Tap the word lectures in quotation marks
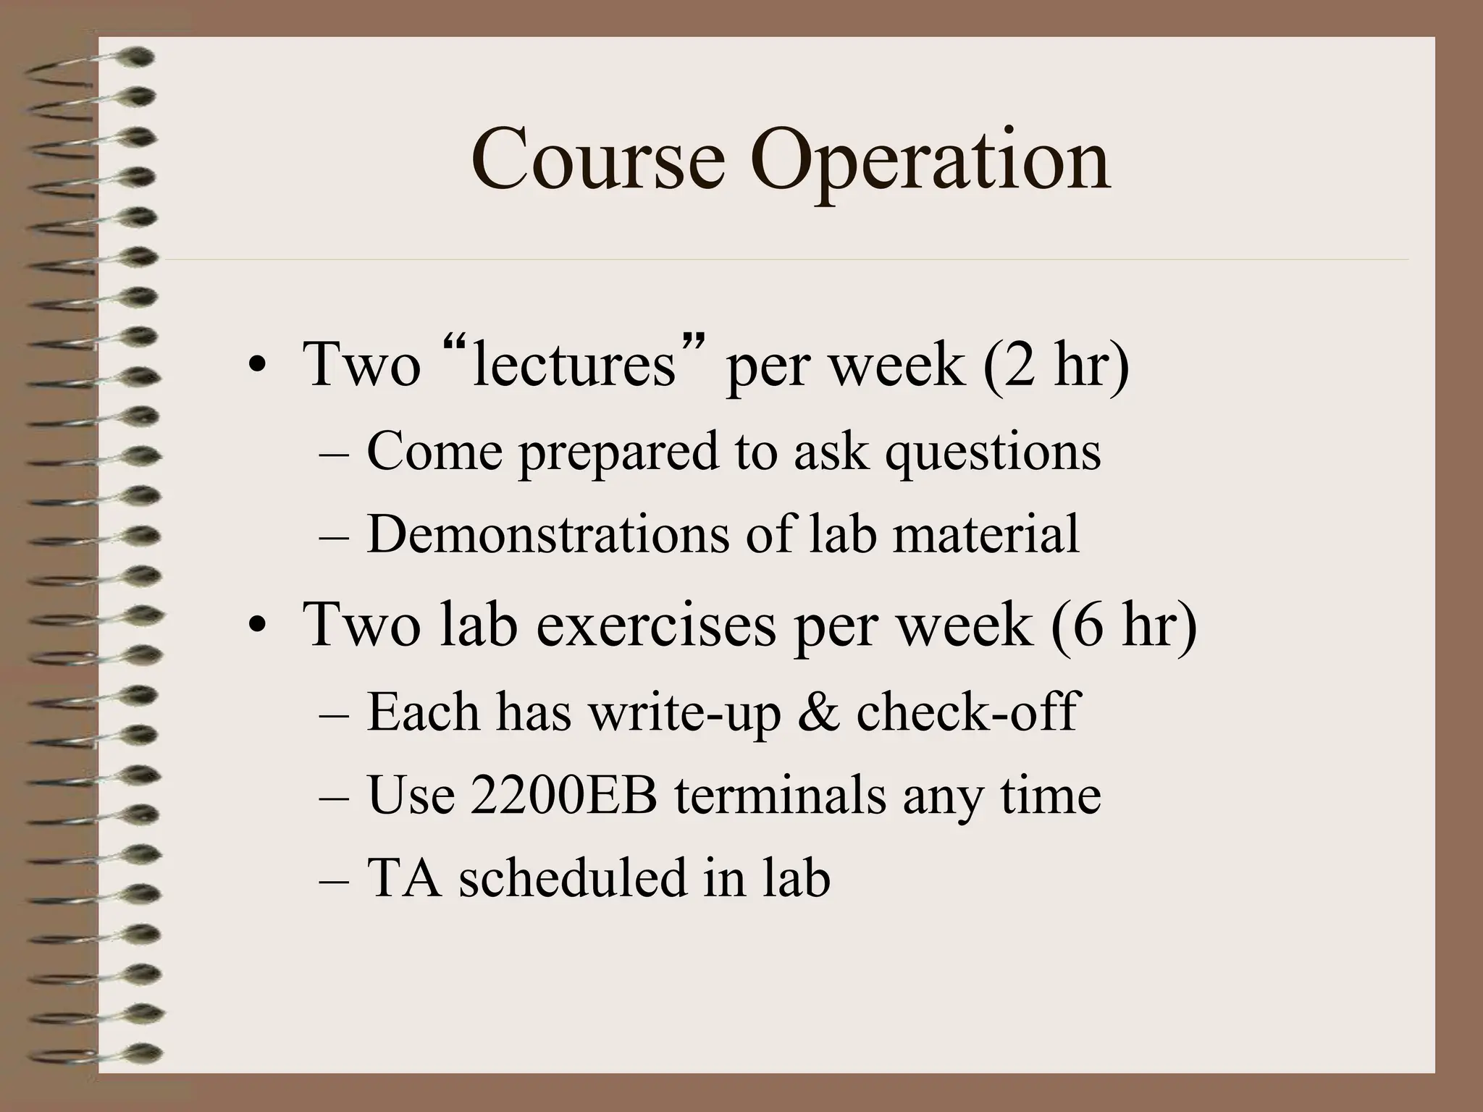(573, 364)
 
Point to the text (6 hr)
(1124, 624)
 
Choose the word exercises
(655, 624)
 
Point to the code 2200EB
(563, 795)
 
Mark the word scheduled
(572, 877)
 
